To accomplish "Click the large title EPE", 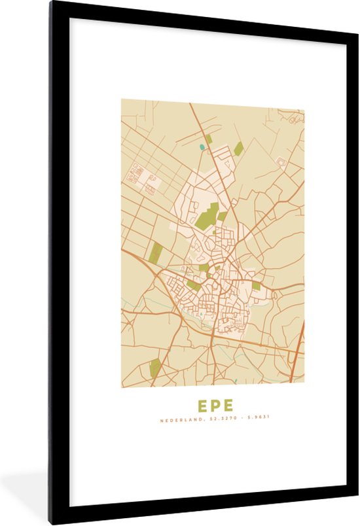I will (x=215, y=406).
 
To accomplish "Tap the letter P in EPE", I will (x=215, y=406).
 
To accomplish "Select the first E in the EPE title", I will (x=203, y=406).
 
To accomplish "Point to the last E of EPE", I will (x=228, y=406).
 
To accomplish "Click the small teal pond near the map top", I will (x=202, y=147).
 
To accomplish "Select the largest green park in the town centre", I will (x=207, y=217).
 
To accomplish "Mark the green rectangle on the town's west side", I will (x=156, y=253).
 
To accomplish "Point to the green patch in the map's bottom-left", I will (x=154, y=368).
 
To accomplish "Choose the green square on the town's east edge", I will (x=257, y=286).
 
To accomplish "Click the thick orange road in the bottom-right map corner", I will (x=297, y=353).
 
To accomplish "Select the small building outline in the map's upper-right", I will (x=281, y=162).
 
